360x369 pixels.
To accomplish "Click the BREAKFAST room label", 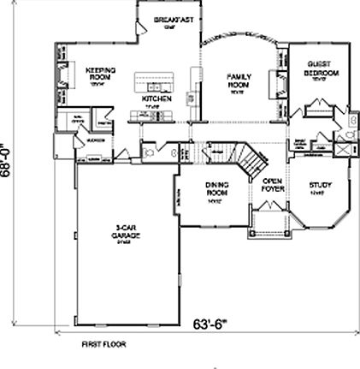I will (x=171, y=19).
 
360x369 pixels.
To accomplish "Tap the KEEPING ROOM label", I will (x=101, y=74).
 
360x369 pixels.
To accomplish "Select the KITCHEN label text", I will (x=156, y=99).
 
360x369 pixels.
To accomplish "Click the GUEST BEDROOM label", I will (x=321, y=70).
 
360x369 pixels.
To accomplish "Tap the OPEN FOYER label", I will (x=272, y=186).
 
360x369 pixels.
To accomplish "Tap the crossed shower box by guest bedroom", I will (x=343, y=149).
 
